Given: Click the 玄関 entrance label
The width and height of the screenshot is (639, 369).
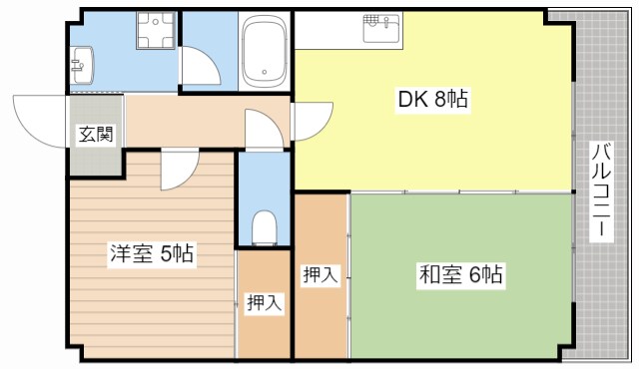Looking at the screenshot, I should coord(97,135).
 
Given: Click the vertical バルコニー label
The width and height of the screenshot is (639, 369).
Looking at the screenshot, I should coord(601,189).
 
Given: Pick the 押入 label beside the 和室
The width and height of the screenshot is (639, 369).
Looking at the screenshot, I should coord(319,274).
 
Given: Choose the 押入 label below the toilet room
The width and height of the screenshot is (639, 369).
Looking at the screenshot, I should coord(263,303).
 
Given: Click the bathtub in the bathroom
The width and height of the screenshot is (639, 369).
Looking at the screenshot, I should coord(265,52).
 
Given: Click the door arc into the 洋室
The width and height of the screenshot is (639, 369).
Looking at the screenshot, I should coord(178,168).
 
